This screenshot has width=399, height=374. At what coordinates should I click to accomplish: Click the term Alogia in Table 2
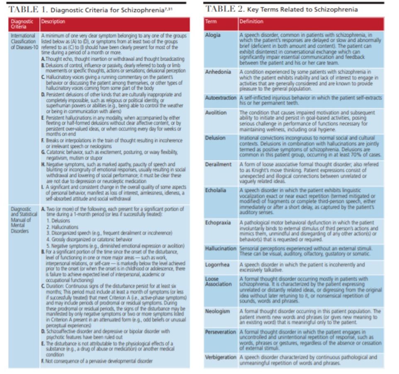(x=213, y=35)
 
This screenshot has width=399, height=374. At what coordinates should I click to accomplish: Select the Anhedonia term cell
(x=218, y=72)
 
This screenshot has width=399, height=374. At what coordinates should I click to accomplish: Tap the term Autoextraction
(x=221, y=98)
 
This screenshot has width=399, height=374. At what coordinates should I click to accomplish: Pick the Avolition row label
(x=216, y=113)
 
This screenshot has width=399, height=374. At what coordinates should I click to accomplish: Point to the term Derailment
(x=219, y=165)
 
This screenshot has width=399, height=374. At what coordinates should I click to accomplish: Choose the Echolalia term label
(x=216, y=190)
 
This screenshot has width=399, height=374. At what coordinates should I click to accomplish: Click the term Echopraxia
(x=218, y=223)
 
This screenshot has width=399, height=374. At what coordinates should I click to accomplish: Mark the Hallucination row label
(x=221, y=249)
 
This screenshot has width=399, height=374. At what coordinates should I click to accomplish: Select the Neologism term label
(x=218, y=311)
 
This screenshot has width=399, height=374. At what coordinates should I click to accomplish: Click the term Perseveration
(x=221, y=332)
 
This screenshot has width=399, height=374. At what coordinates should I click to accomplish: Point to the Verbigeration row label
(x=221, y=357)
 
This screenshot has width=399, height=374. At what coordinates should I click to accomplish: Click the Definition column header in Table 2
(x=251, y=22)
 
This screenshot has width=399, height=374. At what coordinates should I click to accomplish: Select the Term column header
(x=211, y=22)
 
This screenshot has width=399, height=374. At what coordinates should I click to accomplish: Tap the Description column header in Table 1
(x=53, y=22)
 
